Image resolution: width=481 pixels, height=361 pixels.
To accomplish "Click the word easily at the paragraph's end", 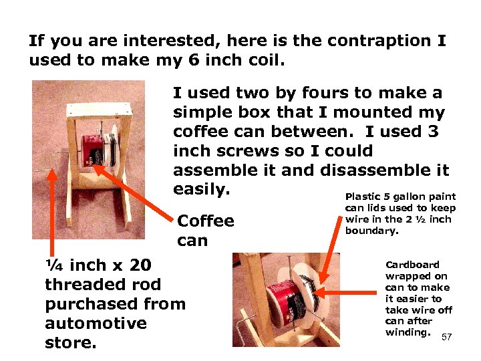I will pos(201,189).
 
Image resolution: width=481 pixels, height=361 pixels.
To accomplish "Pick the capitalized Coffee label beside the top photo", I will pos(206,221).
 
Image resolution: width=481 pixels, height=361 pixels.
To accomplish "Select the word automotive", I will pos(95,324).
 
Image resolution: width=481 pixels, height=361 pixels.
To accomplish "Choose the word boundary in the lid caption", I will pos(371,231).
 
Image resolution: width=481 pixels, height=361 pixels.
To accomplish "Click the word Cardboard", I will pos(412,265).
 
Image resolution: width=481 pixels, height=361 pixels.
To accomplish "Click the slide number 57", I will pos(446,337).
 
